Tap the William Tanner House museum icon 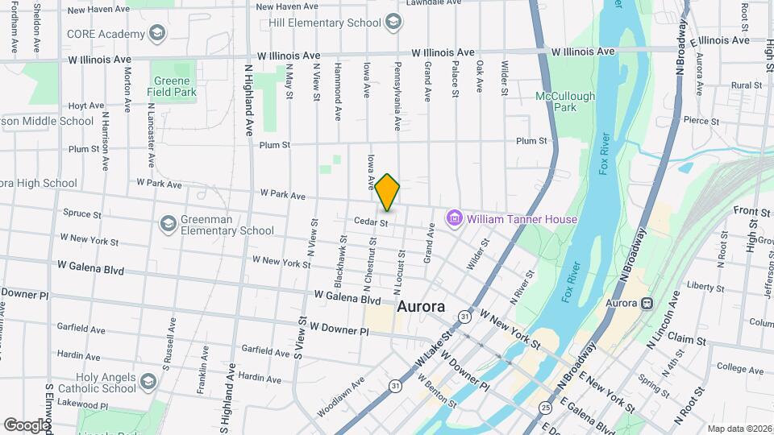455,218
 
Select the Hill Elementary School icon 393,23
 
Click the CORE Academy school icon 157,34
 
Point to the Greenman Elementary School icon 169,223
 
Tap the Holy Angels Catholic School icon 147,381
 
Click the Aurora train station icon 645,304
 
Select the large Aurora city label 422,307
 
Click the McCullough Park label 566,101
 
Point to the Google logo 26,425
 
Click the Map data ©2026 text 739,428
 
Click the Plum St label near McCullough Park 531,141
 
